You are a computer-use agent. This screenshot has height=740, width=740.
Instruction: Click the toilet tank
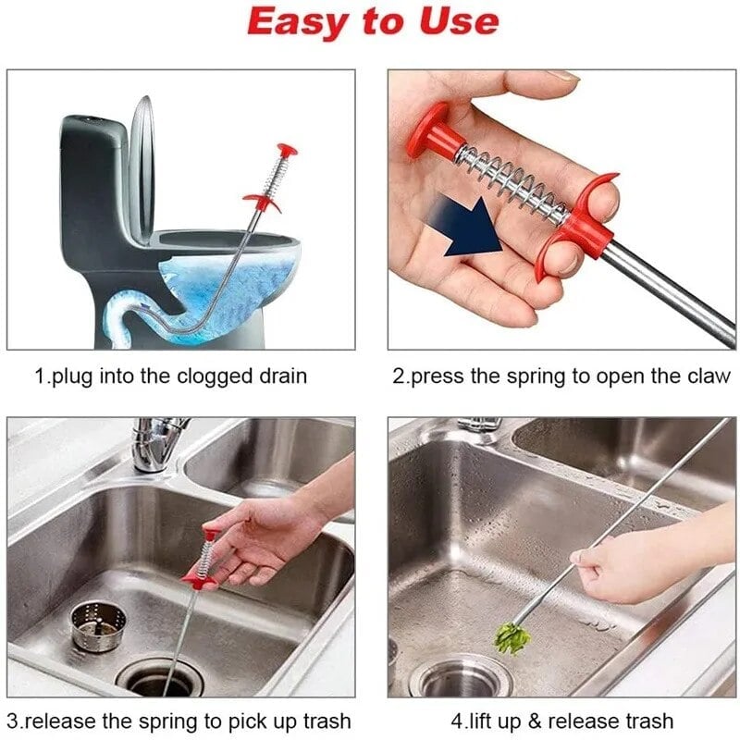coord(92,185)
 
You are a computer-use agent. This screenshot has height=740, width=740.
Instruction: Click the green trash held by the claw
coord(512,638)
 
